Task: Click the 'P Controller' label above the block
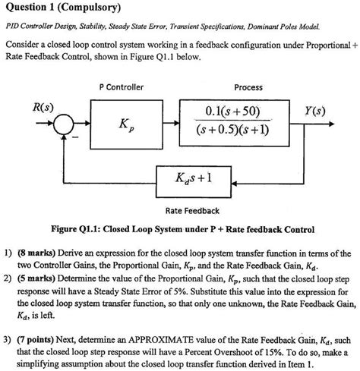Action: coord(122,87)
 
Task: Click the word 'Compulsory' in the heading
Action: coord(95,8)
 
